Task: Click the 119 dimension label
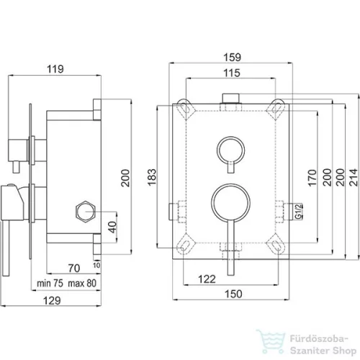[55, 69]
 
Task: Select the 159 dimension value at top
[232, 58]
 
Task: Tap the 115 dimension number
[232, 73]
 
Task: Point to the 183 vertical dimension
[152, 177]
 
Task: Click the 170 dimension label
[312, 178]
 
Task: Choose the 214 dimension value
[354, 177]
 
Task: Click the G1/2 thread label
[299, 212]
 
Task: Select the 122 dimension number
[207, 279]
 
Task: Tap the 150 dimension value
[233, 294]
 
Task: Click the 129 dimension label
[52, 300]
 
